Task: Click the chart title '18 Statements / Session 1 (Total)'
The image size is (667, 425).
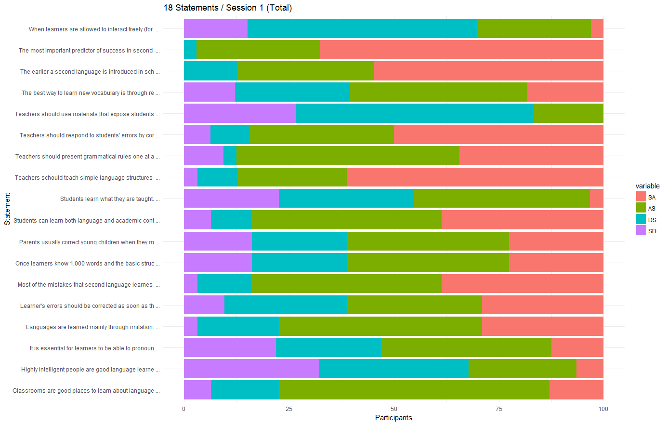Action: [x=227, y=8]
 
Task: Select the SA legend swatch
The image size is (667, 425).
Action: [x=641, y=197]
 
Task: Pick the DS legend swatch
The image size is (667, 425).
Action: [x=641, y=219]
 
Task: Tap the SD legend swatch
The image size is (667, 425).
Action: [x=641, y=231]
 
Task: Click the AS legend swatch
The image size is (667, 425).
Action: [x=641, y=208]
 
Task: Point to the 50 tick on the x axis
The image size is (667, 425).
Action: [x=394, y=409]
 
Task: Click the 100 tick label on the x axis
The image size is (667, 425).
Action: [x=603, y=409]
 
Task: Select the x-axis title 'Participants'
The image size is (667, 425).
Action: [x=393, y=418]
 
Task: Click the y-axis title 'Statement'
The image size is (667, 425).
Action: [x=7, y=209]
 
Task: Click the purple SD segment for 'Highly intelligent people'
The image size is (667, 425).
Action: [x=251, y=369]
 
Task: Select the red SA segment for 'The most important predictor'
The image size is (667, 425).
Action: [x=461, y=50]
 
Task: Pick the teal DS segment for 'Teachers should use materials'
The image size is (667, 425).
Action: [x=414, y=113]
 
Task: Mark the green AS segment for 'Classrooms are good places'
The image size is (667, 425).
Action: [x=414, y=390]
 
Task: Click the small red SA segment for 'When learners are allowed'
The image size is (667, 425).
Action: [x=597, y=28]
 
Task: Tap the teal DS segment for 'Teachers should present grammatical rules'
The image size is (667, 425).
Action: [x=230, y=156]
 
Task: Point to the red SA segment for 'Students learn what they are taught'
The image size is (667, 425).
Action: [x=596, y=198]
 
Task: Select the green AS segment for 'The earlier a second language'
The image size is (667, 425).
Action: [x=305, y=71]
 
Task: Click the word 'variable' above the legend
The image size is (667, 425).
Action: [x=647, y=186]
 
